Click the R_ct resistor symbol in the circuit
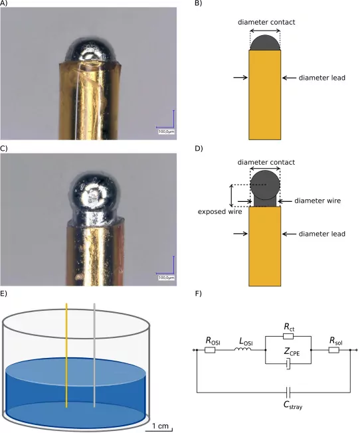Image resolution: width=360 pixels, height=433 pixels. coord(288,336)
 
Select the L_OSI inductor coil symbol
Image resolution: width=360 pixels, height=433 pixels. coord(243,349)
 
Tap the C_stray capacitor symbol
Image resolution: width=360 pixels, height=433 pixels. coord(288,392)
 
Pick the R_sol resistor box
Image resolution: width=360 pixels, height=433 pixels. coord(333,350)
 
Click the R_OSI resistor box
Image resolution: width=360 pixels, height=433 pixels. coord(210,350)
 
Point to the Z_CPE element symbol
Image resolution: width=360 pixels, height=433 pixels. coord(288,364)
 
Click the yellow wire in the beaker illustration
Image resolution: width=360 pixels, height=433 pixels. coord(66,355)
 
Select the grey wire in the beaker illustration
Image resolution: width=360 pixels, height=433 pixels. coord(94,355)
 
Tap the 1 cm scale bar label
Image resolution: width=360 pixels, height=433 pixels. coord(160,426)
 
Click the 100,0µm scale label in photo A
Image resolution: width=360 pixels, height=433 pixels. coord(166,131)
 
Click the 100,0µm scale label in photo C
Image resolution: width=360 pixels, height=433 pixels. coord(166,278)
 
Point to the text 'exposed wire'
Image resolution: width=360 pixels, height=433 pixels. coord(220,212)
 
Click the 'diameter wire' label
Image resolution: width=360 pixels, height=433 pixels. coord(317,201)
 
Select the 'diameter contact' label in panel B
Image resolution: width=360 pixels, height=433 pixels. coord(266,22)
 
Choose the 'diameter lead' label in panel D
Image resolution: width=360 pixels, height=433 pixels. coord(322,234)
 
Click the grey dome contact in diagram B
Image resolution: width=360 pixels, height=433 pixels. coord(265,43)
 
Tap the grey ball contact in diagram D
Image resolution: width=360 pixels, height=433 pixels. coord(265,185)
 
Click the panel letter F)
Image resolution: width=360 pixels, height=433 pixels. coord(199,294)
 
